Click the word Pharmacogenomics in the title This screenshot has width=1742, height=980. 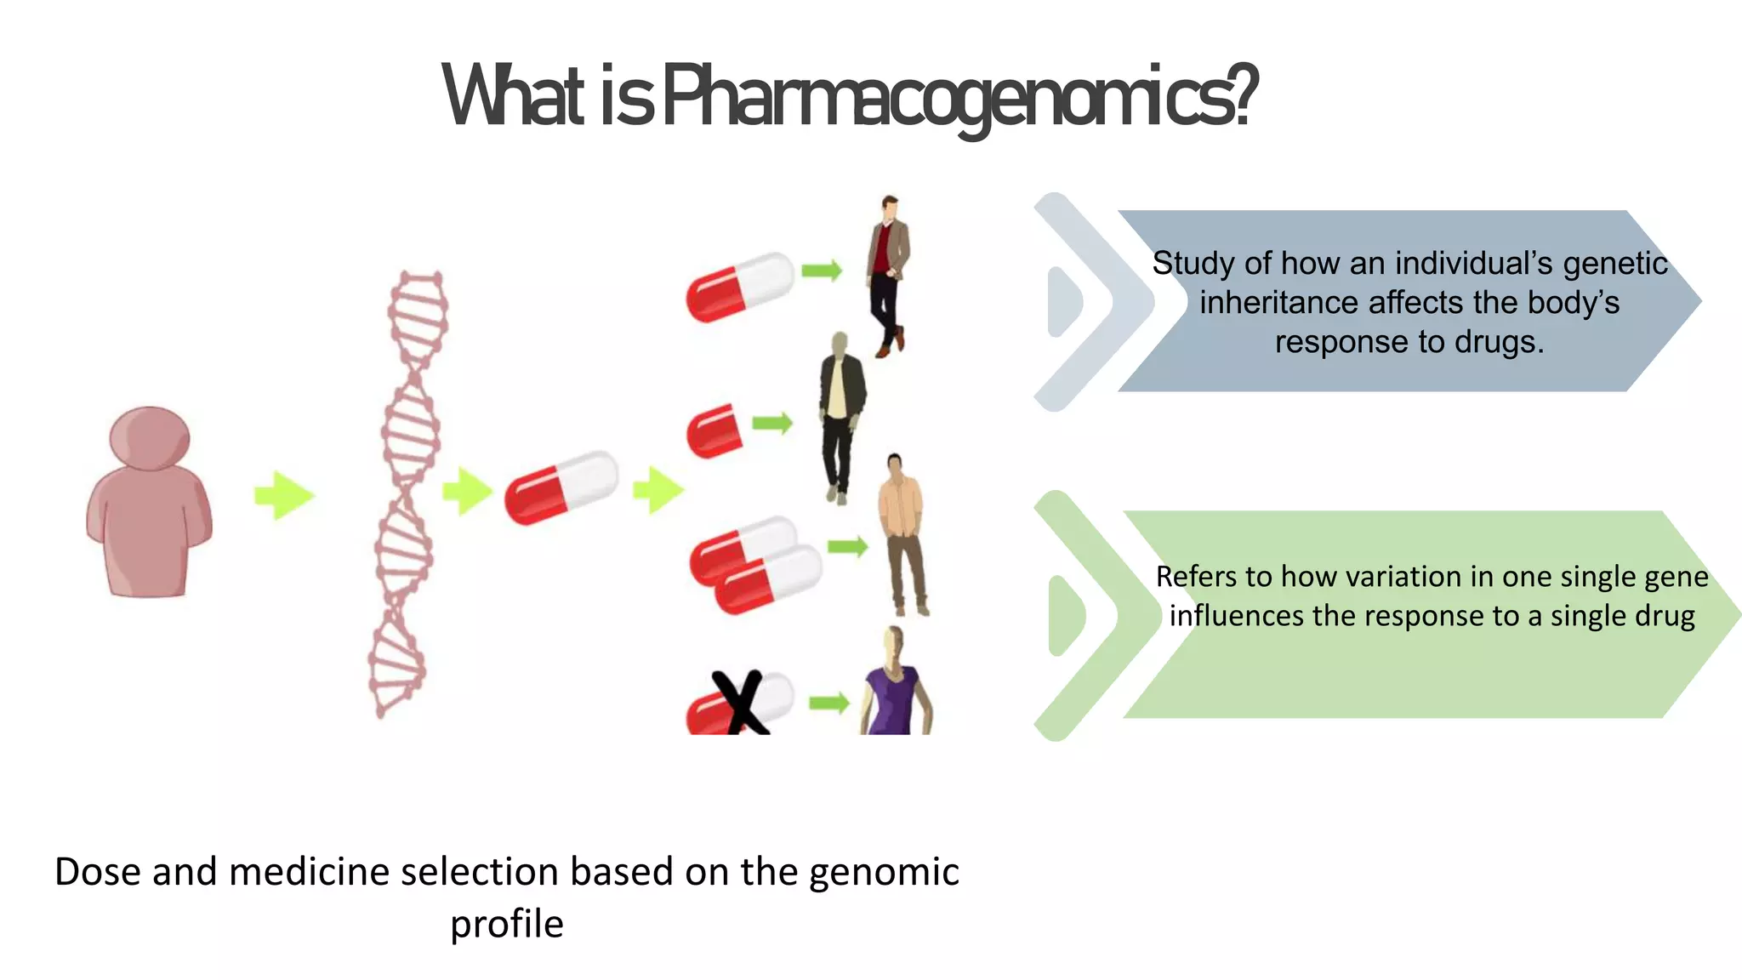tap(957, 95)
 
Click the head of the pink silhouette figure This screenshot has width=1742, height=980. tap(150, 436)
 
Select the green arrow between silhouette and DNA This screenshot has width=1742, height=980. tap(284, 495)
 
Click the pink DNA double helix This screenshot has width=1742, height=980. tap(407, 493)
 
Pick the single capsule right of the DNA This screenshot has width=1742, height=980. tap(561, 487)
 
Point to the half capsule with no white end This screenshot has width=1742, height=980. tap(713, 430)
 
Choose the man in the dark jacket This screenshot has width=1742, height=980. tap(840, 417)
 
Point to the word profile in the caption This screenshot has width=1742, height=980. tap(506, 925)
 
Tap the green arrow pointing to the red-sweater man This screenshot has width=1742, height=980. tap(821, 271)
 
